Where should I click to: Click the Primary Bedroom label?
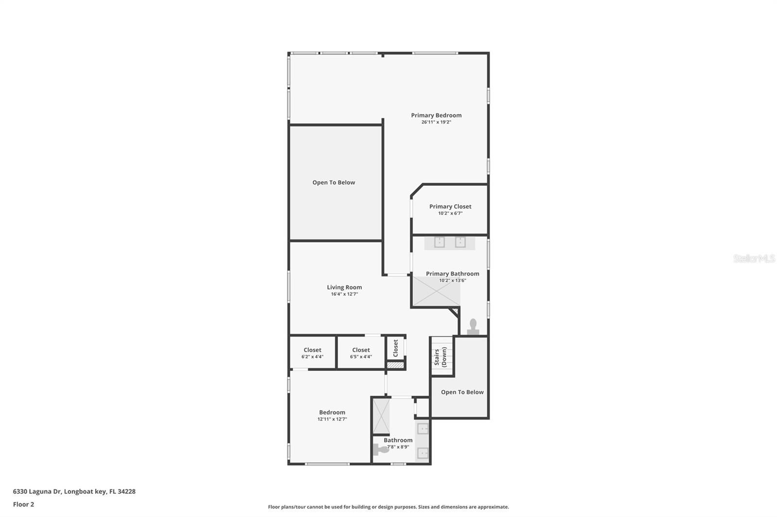pos(436,115)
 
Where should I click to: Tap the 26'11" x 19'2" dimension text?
pos(436,122)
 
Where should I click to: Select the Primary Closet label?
pos(450,207)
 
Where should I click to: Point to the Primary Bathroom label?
pos(453,274)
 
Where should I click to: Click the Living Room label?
pos(344,287)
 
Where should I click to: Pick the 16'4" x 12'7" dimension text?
pos(344,294)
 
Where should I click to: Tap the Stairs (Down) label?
pos(440,357)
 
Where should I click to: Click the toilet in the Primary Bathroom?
pos(473,327)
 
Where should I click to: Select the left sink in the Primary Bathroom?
pos(439,242)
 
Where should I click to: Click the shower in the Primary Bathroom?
pos(436,291)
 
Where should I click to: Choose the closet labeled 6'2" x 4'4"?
pos(312,353)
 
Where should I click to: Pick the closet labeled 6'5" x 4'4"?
pos(361,353)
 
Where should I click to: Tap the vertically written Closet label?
pos(395,348)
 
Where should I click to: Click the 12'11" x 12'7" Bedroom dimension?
pos(332,419)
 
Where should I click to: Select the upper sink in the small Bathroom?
pos(423,428)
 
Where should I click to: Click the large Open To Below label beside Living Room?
pos(334,182)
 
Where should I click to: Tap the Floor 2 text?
pos(23,504)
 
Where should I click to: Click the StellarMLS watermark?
pos(754,258)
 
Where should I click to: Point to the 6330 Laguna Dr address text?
pos(74,491)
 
